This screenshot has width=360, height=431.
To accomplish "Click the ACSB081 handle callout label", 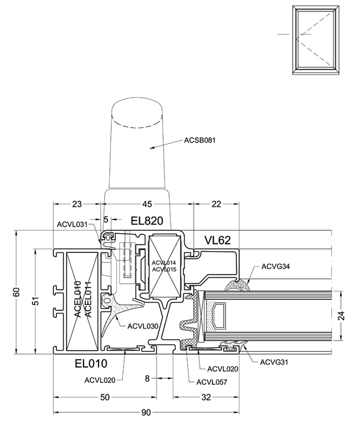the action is [x=200, y=140].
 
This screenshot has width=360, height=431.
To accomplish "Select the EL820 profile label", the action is [x=146, y=221].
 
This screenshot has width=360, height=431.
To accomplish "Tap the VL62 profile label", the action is [x=217, y=240].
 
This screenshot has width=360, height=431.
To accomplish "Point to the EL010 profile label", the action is [x=91, y=364].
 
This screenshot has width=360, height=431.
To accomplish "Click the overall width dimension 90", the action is [x=146, y=412].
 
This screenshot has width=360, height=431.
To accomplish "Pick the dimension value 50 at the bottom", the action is [x=105, y=397].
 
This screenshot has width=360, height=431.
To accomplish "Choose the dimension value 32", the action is [x=206, y=397].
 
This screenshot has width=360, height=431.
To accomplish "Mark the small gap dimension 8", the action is [x=147, y=378].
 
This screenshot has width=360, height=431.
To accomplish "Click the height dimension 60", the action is [x=17, y=292].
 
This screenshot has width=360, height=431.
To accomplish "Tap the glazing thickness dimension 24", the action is [x=341, y=315].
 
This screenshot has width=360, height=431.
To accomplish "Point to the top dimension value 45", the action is [x=146, y=204].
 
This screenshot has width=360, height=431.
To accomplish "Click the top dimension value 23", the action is [x=77, y=204].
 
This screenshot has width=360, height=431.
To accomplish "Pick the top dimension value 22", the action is [x=217, y=204].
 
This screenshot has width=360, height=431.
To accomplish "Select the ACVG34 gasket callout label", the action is [x=275, y=266].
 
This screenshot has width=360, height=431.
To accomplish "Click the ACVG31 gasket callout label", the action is [x=274, y=362].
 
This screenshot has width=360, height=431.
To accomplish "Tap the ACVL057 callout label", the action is [x=212, y=382].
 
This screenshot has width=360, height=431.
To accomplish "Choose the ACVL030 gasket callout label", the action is [x=143, y=326].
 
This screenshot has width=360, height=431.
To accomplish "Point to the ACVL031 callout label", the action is [x=72, y=225].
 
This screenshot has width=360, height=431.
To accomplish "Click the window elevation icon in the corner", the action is [x=316, y=40].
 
